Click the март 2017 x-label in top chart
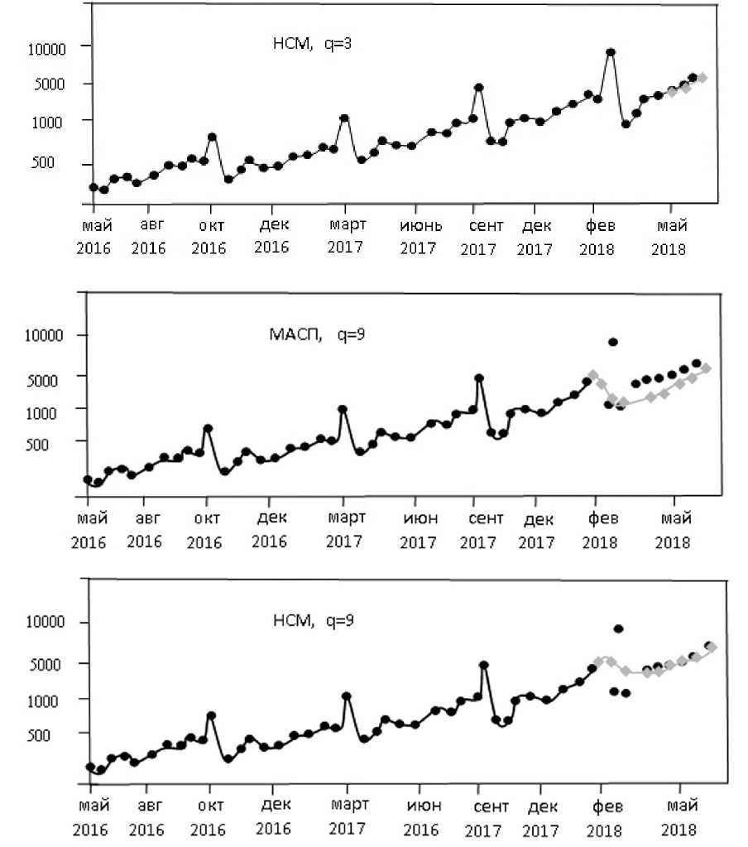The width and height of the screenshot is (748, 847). click(x=345, y=235)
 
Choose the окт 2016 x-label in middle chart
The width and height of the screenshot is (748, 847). click(x=204, y=530)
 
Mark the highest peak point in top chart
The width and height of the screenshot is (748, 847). click(x=611, y=52)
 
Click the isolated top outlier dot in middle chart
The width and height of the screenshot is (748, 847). click(x=613, y=342)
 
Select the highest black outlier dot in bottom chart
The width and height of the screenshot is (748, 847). click(x=617, y=628)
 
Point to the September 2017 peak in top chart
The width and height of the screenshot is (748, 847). click(x=478, y=87)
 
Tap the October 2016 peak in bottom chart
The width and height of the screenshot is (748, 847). click(x=211, y=715)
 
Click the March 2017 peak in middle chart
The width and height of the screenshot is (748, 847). click(x=342, y=409)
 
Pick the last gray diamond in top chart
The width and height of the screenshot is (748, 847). click(x=702, y=77)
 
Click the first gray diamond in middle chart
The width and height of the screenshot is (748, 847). click(x=592, y=375)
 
